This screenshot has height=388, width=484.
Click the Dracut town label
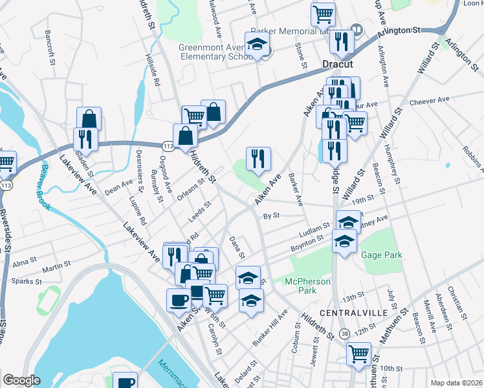pyautogui.click(x=336, y=65)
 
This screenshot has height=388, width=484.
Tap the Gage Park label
pyautogui.click(x=382, y=255)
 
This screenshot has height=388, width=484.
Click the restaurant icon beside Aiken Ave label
pyautogui.click(x=258, y=158)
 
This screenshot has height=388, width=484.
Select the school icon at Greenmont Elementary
pyautogui.click(x=258, y=45)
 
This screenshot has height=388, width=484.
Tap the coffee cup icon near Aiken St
pyautogui.click(x=179, y=299)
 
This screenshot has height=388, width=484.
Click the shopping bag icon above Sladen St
pyautogui.click(x=89, y=118)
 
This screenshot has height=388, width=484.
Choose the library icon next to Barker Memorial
pyautogui.click(x=357, y=30)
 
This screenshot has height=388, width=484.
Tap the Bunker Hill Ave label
pyautogui.click(x=271, y=329)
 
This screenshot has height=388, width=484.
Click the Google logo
pyautogui.click(x=21, y=380)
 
